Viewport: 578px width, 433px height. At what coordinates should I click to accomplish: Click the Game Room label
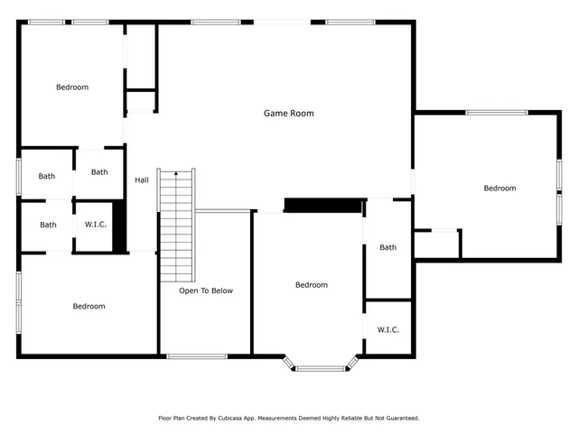click(288, 114)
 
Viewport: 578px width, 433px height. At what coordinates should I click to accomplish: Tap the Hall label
click(142, 180)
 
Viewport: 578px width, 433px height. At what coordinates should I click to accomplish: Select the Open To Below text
click(205, 290)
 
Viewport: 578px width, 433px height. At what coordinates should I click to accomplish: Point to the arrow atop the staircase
click(176, 173)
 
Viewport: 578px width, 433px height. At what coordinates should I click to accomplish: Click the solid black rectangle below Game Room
click(324, 205)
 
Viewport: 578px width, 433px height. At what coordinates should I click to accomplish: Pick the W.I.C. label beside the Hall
click(96, 225)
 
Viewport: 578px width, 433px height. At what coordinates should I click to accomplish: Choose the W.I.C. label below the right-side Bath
click(388, 329)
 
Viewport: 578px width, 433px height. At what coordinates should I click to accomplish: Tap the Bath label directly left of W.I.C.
click(48, 225)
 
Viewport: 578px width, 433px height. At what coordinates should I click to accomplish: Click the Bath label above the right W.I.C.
click(387, 247)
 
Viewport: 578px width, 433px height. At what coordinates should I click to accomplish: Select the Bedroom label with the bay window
click(311, 285)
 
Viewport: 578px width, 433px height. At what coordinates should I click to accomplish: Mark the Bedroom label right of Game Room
click(499, 188)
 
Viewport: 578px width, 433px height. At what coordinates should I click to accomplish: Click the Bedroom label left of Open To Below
click(89, 306)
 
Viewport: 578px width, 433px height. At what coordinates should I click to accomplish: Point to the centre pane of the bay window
click(321, 367)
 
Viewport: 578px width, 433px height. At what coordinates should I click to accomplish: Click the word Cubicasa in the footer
click(238, 419)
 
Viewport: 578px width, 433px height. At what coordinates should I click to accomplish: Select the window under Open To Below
click(197, 356)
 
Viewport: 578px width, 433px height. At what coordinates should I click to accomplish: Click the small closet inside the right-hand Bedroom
click(437, 244)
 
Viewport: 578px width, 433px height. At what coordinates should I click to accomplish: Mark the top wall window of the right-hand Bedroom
click(496, 112)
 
